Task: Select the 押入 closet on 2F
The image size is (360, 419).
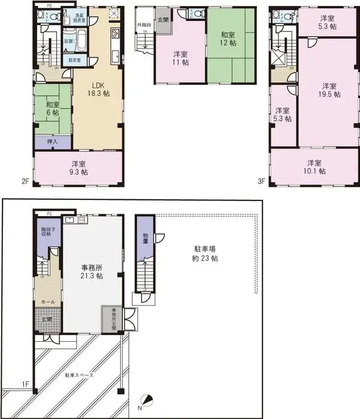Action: [52, 142]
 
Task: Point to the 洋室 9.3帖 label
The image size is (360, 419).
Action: [78, 168]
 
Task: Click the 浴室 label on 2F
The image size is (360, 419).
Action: [68, 41]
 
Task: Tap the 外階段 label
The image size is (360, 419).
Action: [144, 25]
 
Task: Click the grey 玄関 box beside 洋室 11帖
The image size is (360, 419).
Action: [163, 20]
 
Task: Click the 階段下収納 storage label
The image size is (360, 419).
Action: [47, 233]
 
